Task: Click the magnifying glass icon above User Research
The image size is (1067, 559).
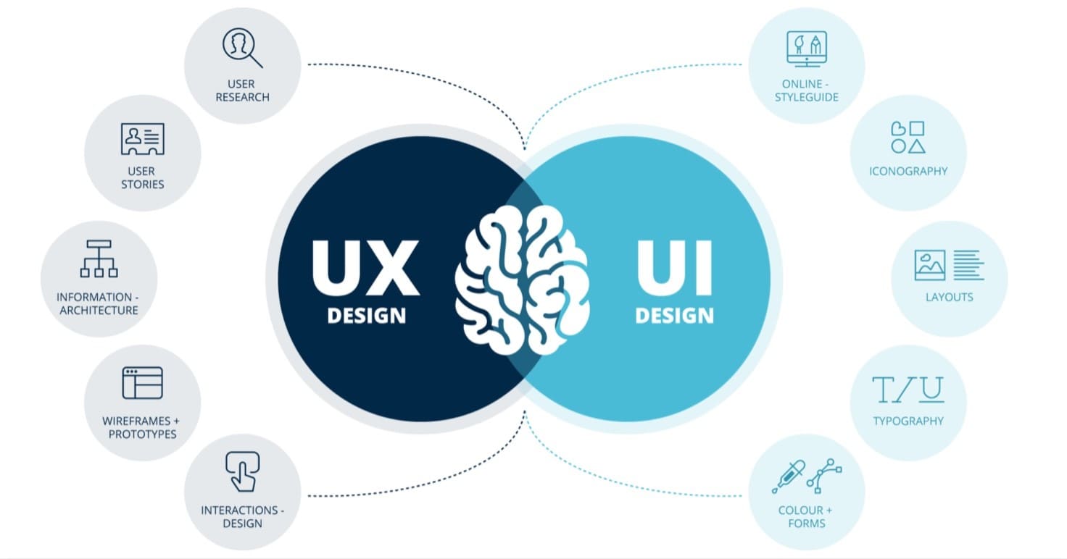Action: [242, 48]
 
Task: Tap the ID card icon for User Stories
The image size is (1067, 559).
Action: [142, 138]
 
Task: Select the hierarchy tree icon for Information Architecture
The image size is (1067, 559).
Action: [99, 259]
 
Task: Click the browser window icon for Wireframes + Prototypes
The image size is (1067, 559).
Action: [142, 382]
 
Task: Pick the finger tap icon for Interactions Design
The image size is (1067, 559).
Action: [242, 471]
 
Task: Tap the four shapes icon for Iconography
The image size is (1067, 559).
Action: [908, 137]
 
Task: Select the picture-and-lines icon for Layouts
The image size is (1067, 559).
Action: [948, 265]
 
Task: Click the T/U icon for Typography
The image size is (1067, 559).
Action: [908, 390]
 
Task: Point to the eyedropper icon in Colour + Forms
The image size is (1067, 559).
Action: [788, 476]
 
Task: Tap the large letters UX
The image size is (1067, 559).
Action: [365, 268]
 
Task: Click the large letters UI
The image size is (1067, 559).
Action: [674, 268]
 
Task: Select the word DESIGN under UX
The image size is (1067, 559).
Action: [366, 316]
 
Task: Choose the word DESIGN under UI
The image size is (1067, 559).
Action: [674, 316]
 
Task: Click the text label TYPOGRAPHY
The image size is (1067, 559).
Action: [908, 421]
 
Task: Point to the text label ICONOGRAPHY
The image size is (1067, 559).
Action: [908, 172]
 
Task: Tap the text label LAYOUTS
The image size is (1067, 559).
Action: [949, 297]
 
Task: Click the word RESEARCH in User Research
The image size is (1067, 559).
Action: [242, 97]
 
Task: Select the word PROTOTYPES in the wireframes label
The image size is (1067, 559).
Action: [142, 434]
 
